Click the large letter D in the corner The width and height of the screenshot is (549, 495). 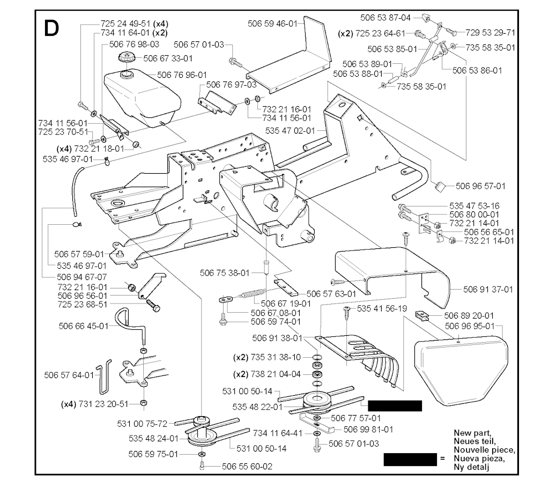tap(51, 28)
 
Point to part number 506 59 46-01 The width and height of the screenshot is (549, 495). tap(272, 24)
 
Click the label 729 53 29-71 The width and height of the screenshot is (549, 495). tap(491, 32)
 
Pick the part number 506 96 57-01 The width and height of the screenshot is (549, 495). tap(480, 186)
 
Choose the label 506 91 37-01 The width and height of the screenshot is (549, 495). tap(488, 290)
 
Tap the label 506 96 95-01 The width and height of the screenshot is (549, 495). tap(470, 326)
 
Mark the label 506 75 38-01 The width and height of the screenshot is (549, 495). tap(225, 273)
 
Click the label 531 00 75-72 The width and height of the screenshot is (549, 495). tap(143, 424)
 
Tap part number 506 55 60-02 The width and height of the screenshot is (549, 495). tap(248, 467)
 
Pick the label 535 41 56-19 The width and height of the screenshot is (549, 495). tap(382, 309)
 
